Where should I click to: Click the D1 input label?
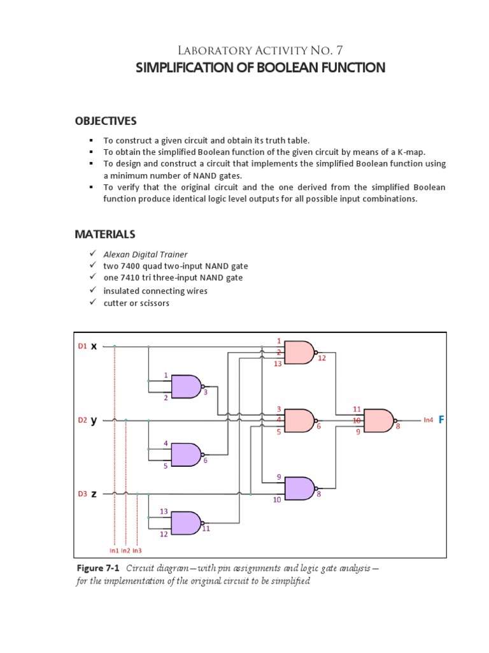[81, 347]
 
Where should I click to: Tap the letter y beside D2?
[94, 420]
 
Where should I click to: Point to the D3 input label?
[81, 494]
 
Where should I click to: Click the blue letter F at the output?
[441, 420]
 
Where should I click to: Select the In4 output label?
[429, 420]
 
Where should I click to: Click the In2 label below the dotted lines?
[125, 550]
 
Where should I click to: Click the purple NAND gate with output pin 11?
[185, 522]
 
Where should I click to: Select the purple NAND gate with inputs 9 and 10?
[299, 488]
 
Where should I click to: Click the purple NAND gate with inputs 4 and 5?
[185, 454]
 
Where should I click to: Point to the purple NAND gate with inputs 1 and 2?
[185, 386]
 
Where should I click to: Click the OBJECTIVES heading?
[106, 121]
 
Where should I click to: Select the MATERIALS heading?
[105, 234]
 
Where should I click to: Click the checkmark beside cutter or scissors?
[92, 303]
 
